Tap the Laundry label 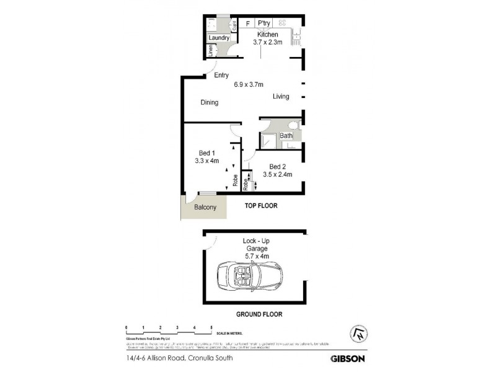219,38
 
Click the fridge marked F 247,24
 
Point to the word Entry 221,76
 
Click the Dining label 209,103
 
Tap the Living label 281,97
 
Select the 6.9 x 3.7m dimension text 249,85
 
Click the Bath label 286,136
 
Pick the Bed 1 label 206,153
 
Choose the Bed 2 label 277,166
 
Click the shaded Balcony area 205,207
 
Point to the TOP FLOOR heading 260,205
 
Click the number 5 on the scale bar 211,326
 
